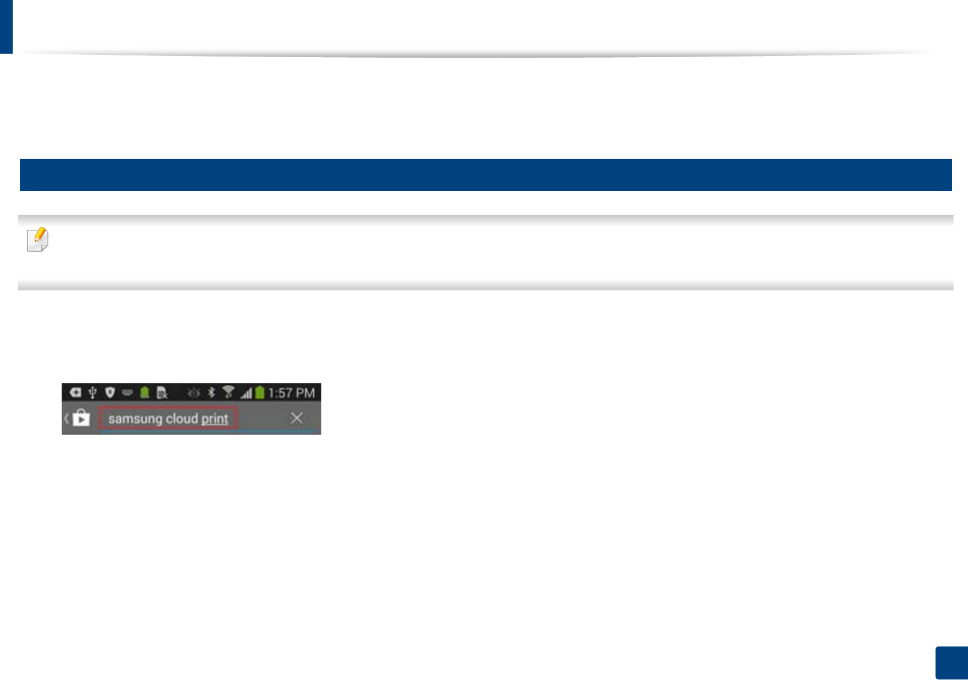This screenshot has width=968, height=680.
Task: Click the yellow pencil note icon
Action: [x=37, y=240]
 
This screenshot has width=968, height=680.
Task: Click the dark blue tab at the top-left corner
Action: [x=6, y=26]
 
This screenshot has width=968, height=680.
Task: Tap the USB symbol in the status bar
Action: [x=92, y=393]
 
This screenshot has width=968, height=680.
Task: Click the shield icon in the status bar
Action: [x=110, y=393]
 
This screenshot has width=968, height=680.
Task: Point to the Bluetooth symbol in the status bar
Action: [x=212, y=393]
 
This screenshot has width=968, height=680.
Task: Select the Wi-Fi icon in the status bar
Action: [x=228, y=393]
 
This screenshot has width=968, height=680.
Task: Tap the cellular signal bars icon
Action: [x=246, y=394]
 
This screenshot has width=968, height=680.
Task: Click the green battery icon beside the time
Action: [x=260, y=393]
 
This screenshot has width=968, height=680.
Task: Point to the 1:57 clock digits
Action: [x=280, y=394]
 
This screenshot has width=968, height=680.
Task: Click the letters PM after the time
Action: [x=305, y=394]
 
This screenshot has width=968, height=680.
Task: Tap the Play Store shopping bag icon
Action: [x=81, y=418]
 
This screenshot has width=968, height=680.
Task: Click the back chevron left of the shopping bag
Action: [x=66, y=418]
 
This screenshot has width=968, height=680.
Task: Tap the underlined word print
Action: [x=215, y=419]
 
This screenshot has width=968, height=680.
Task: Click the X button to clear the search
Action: [x=297, y=418]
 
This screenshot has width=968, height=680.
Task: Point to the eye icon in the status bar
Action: [x=194, y=393]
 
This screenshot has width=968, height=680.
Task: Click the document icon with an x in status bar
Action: [x=162, y=394]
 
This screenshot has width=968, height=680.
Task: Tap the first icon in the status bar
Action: [x=75, y=393]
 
